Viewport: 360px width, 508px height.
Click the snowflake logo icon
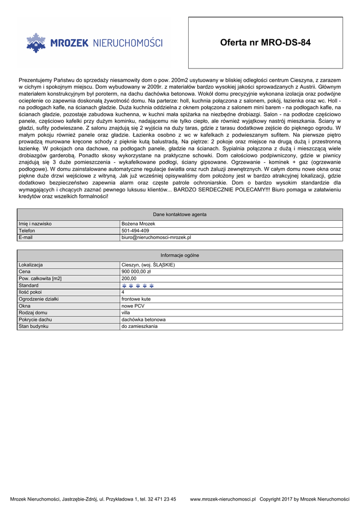pyautogui.click(x=36, y=43)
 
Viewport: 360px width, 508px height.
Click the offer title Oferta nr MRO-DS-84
pyautogui.click(x=265, y=43)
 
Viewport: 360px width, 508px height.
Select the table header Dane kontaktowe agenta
pyautogui.click(x=180, y=214)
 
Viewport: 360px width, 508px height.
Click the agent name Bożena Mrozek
pyautogui.click(x=139, y=224)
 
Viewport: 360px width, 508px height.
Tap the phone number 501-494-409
pyautogui.click(x=135, y=231)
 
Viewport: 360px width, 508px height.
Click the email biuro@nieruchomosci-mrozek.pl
pyautogui.click(x=156, y=238)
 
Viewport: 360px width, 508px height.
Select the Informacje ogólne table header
pyautogui.click(x=180, y=255)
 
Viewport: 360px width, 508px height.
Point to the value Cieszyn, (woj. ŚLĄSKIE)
pyautogui.click(x=148, y=265)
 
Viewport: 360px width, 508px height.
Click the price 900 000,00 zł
pyautogui.click(x=136, y=272)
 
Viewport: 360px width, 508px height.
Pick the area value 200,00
pyautogui.click(x=129, y=279)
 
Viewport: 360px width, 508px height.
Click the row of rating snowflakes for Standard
pyautogui.click(x=138, y=286)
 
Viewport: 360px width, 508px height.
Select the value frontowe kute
pyautogui.click(x=136, y=299)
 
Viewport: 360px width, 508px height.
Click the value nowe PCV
pyautogui.click(x=133, y=306)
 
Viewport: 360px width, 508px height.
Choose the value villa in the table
pyautogui.click(x=126, y=313)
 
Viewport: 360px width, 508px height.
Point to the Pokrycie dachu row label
pyautogui.click(x=35, y=320)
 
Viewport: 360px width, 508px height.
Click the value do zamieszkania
pyautogui.click(x=140, y=326)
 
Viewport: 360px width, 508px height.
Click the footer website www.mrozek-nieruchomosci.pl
pyautogui.click(x=223, y=499)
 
